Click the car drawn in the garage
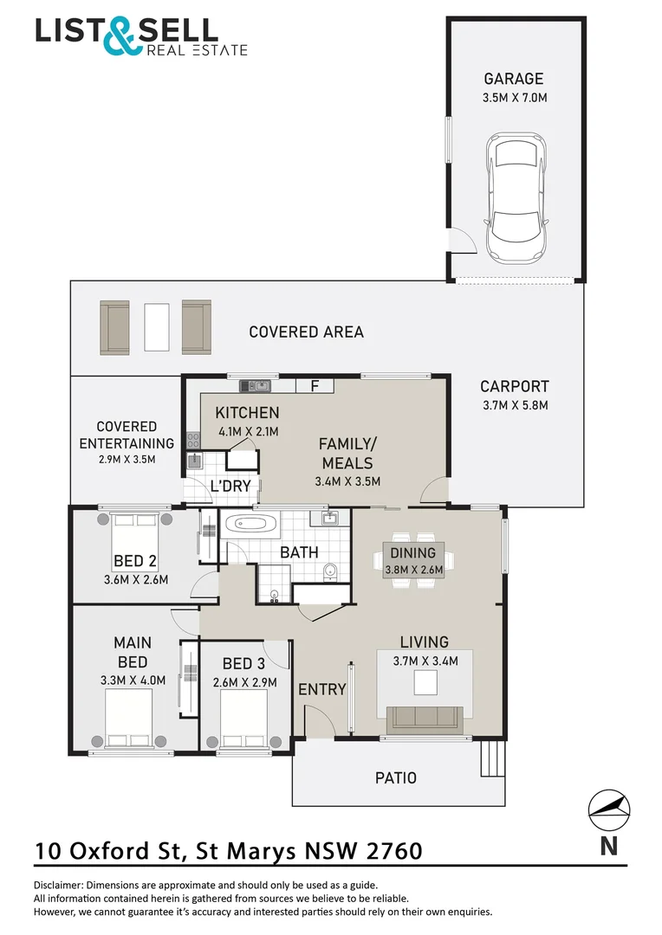coord(516,197)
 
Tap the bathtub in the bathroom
coord(250,524)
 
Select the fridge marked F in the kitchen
coord(315,385)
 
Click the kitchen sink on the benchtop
coord(255,386)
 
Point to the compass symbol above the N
coord(609,809)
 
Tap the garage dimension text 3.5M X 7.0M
coord(515,97)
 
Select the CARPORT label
coord(515,386)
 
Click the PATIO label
coord(396,777)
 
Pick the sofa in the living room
coord(425,719)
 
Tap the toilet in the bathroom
coord(329,572)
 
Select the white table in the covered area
coord(156,327)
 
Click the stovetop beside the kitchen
coord(193,440)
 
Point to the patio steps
coord(493,758)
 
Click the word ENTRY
coord(322,689)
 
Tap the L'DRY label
coord(230,486)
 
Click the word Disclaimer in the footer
coord(58,886)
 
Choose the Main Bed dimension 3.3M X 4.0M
coord(133,680)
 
